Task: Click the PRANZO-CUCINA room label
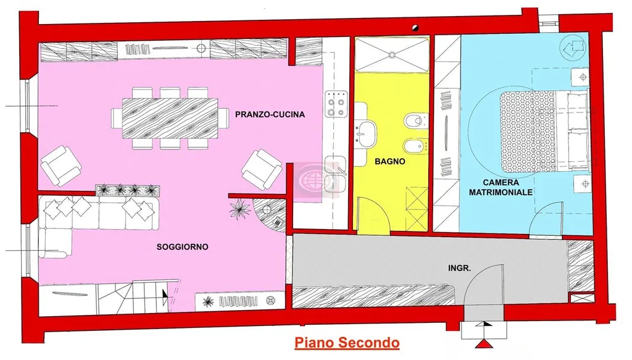(270, 114)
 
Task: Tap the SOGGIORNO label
(182, 247)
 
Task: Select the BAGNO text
(390, 162)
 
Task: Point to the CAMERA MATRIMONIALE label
(501, 188)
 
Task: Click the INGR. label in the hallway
(459, 268)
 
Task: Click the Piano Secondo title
(347, 343)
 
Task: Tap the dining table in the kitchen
(170, 118)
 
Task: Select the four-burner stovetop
(336, 103)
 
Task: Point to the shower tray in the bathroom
(392, 54)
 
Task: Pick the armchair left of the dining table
(61, 165)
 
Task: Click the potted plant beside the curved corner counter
(239, 209)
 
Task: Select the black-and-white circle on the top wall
(415, 28)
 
